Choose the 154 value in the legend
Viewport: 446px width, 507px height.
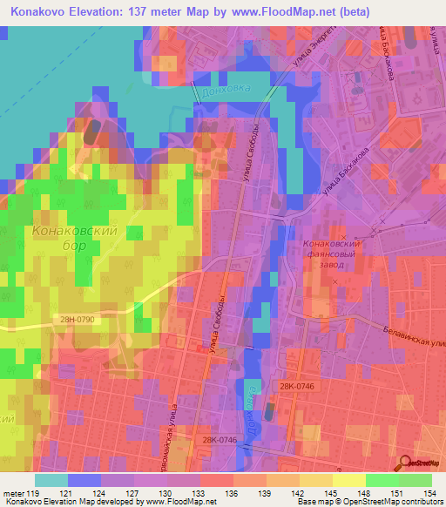pyautogui.click(x=429, y=492)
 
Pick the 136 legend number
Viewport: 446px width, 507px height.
pyautogui.click(x=231, y=492)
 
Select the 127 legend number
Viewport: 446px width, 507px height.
pyautogui.click(x=132, y=492)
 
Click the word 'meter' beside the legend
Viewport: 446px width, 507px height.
pyautogui.click(x=13, y=492)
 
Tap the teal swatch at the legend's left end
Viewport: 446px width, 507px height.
pyautogui.click(x=51, y=480)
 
